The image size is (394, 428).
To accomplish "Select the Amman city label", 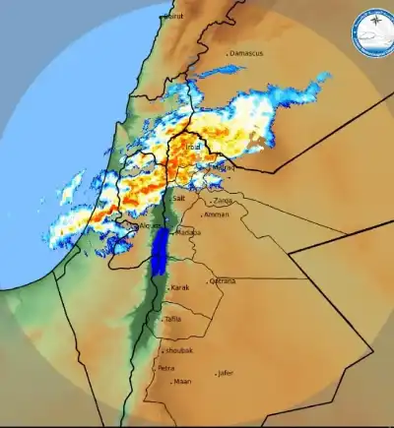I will tap(216, 214).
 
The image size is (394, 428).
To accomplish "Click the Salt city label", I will tap(179, 198).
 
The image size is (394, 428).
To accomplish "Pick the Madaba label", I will tap(189, 232).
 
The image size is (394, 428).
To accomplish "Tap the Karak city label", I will tap(179, 287).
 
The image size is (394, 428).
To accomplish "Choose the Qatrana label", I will tap(224, 281).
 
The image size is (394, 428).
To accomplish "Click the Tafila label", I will tap(173, 319).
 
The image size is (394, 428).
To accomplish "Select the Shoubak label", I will tap(178, 349).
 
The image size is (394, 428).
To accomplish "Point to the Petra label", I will tap(166, 368).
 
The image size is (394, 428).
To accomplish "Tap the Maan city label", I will tap(183, 382).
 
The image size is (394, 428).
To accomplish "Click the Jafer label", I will tap(227, 373).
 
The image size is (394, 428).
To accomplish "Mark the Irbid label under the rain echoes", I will tap(193, 146).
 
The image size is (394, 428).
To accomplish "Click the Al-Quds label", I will tap(149, 225).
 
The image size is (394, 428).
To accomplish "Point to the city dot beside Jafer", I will tap(216, 374).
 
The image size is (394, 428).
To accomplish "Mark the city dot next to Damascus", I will tap(228, 53).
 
